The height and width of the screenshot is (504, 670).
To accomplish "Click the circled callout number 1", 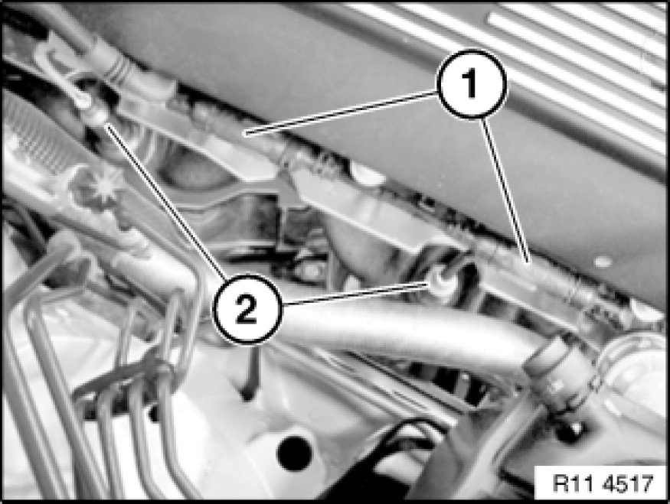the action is [x=472, y=83].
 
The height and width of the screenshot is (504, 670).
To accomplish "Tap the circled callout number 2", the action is [x=247, y=310].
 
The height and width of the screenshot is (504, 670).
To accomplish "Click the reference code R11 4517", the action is [x=603, y=483].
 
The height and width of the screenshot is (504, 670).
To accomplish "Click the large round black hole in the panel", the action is [x=294, y=453].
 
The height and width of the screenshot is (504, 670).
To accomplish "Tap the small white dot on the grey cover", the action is [x=602, y=262].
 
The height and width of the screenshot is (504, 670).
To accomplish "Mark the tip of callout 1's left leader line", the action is [x=243, y=134].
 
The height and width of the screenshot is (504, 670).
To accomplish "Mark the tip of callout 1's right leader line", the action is [x=528, y=261].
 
